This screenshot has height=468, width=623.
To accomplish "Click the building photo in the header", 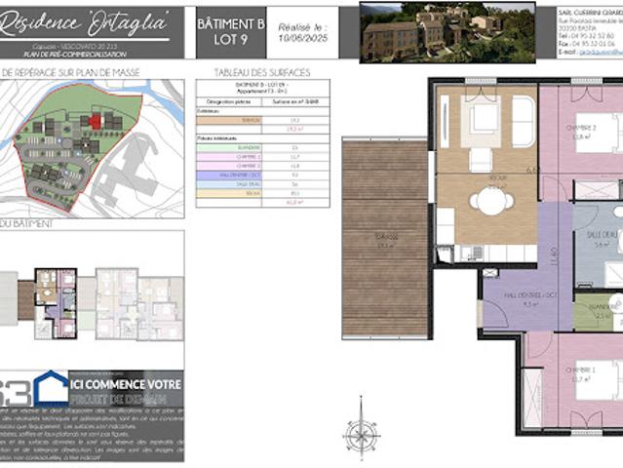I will (x=447, y=32).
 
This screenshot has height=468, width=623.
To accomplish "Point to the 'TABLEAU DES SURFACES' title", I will (x=249, y=73).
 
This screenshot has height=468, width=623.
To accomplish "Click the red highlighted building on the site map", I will (x=96, y=120).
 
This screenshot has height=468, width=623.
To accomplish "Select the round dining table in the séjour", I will (x=489, y=200).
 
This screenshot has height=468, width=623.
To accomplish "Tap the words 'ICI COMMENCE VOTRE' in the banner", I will (x=126, y=385).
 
